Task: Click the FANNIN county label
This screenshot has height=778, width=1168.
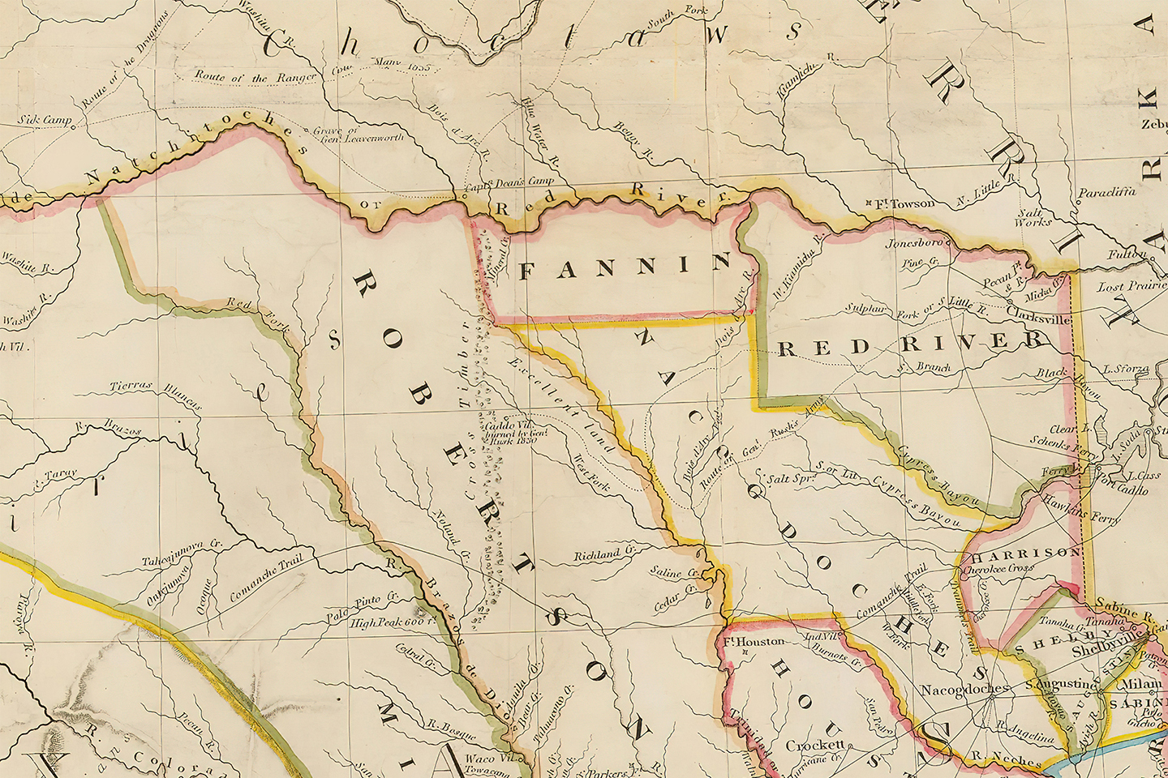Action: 625,267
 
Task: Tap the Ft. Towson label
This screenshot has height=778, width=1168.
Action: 903,203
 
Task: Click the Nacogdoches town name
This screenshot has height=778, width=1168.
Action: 965,690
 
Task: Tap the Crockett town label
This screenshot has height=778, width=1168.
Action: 815,745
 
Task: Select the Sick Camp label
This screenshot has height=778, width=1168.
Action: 45,121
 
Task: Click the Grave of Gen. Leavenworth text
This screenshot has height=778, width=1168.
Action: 358,134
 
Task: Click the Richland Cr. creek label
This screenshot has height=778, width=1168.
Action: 603,555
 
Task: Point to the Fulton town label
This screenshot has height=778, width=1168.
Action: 1127,254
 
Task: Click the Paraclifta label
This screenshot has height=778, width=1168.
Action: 1106,193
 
